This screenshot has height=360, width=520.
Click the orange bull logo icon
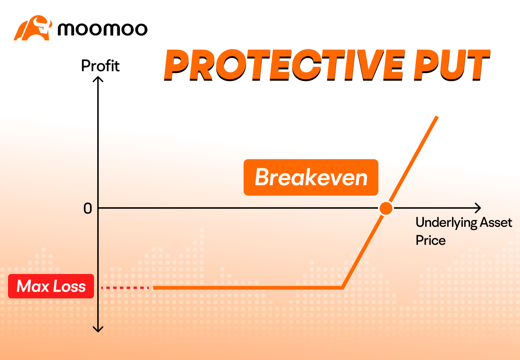click(33, 28)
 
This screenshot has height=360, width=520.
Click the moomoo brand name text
click(102, 29)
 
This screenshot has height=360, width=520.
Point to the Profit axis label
click(100, 66)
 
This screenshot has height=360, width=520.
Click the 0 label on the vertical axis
click(88, 208)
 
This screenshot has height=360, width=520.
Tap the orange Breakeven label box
click(311, 177)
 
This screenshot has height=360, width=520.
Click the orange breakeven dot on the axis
click(386, 208)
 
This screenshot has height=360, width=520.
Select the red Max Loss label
click(51, 286)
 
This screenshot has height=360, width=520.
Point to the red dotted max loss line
click(125, 288)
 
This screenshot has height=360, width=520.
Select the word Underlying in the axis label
click(446, 223)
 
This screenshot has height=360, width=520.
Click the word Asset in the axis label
click(496, 222)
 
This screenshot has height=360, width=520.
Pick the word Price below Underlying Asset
click(431, 240)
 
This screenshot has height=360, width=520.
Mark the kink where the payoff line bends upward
click(343, 288)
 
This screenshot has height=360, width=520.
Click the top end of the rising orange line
click(437, 116)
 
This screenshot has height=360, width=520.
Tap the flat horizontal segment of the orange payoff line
click(248, 288)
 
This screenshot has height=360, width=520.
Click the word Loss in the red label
click(70, 286)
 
